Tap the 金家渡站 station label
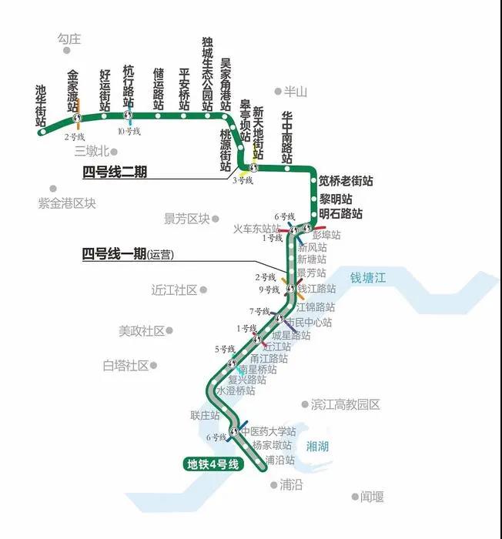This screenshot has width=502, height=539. pos(73,92)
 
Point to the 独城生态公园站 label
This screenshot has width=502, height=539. pos(207,74)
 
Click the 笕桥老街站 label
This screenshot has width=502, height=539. pos(346,181)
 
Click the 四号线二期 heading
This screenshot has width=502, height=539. pos(114,172)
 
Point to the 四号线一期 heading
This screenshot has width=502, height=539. pos(114,254)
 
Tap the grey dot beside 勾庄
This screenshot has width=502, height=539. pos(67,51)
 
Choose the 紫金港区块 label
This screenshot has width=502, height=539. pos(67,203)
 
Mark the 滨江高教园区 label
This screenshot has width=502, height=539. pos(346,404)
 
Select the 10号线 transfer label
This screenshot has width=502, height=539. pos(129,132)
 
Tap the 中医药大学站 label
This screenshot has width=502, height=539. pos(269,432)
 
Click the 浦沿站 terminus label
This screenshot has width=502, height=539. pos(279,460)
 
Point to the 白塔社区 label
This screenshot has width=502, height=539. pos(125,366)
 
